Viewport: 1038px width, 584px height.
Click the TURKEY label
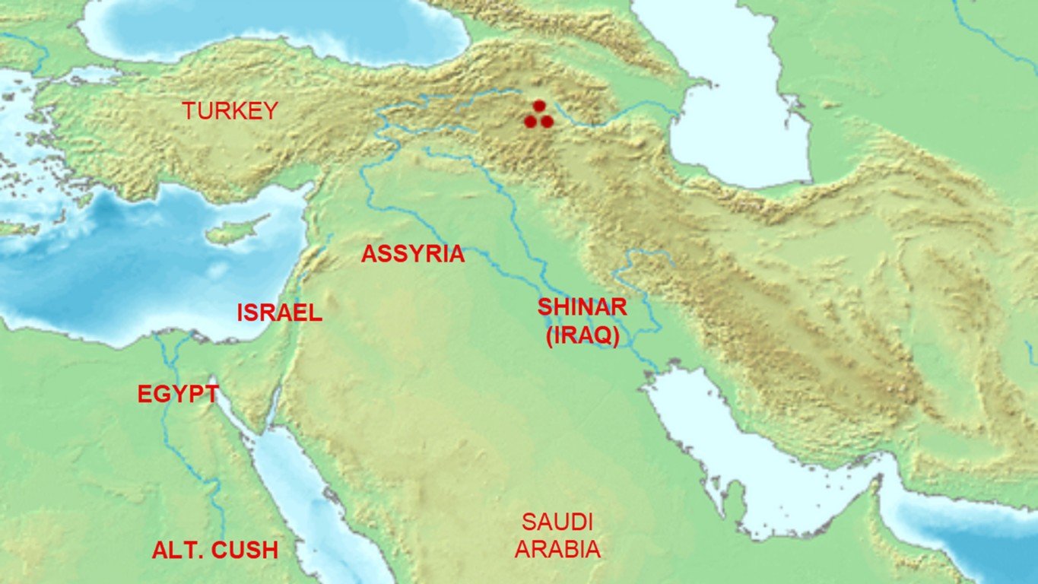230,111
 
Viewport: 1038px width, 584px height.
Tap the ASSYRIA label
412,254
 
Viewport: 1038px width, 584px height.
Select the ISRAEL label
279,313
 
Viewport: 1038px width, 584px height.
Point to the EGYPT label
178,395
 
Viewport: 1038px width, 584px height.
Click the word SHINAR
582,307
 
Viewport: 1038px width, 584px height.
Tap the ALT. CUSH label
214,551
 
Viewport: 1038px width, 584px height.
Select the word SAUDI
557,522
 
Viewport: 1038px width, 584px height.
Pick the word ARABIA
557,549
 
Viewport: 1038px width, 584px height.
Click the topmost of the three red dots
539,106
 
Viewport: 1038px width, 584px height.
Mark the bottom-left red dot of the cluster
531,122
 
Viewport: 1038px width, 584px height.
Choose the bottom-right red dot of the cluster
547,122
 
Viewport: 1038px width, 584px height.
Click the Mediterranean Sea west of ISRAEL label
114,281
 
